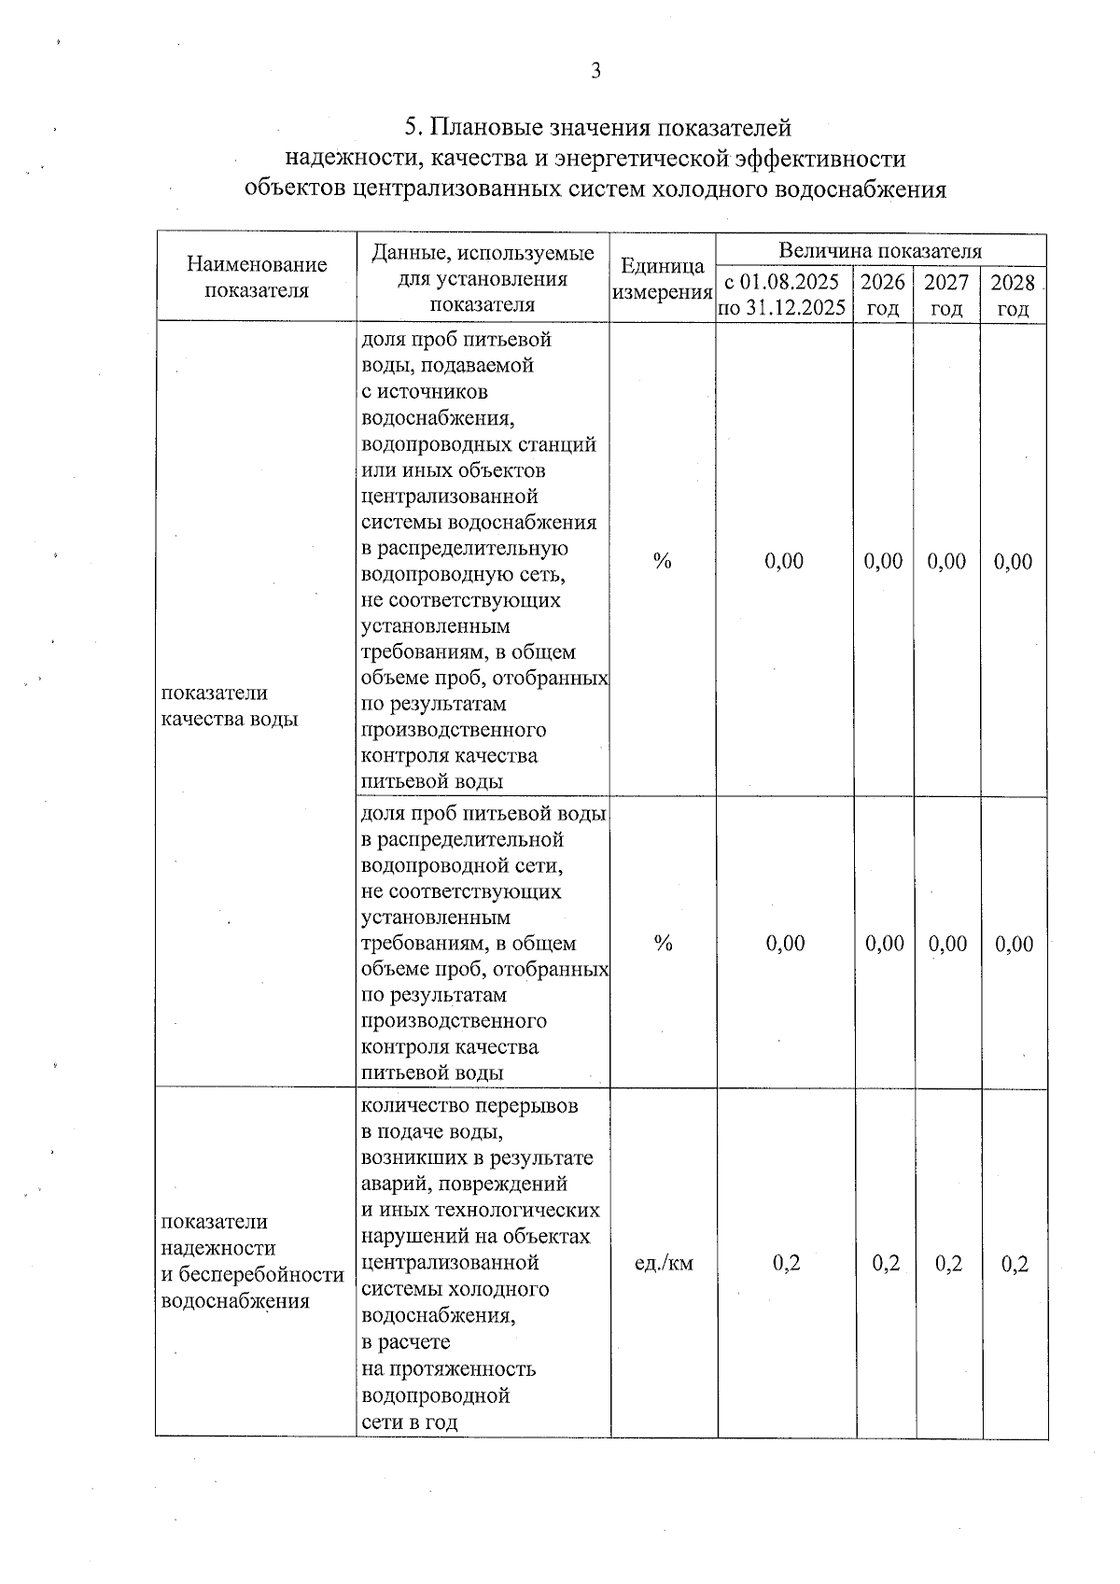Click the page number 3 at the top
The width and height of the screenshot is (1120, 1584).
click(x=595, y=71)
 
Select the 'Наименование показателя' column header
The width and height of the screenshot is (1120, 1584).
click(x=257, y=277)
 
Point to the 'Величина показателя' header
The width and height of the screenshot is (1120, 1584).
click(x=879, y=250)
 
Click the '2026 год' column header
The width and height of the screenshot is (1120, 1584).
click(x=883, y=295)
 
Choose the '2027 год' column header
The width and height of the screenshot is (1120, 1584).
click(x=946, y=295)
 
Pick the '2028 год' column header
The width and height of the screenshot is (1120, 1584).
click(x=1013, y=295)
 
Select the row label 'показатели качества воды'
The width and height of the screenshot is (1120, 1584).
click(x=230, y=706)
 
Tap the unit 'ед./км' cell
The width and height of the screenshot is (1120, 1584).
click(x=664, y=1263)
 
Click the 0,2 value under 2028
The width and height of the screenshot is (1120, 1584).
click(x=1015, y=1264)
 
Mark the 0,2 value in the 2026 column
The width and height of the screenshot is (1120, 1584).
click(x=886, y=1263)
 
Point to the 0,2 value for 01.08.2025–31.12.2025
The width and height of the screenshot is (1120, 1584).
click(x=787, y=1263)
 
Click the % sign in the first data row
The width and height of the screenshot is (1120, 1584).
click(x=662, y=561)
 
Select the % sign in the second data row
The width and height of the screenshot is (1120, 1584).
click(x=663, y=943)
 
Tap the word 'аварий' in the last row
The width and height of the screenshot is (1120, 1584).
click(x=393, y=1184)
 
